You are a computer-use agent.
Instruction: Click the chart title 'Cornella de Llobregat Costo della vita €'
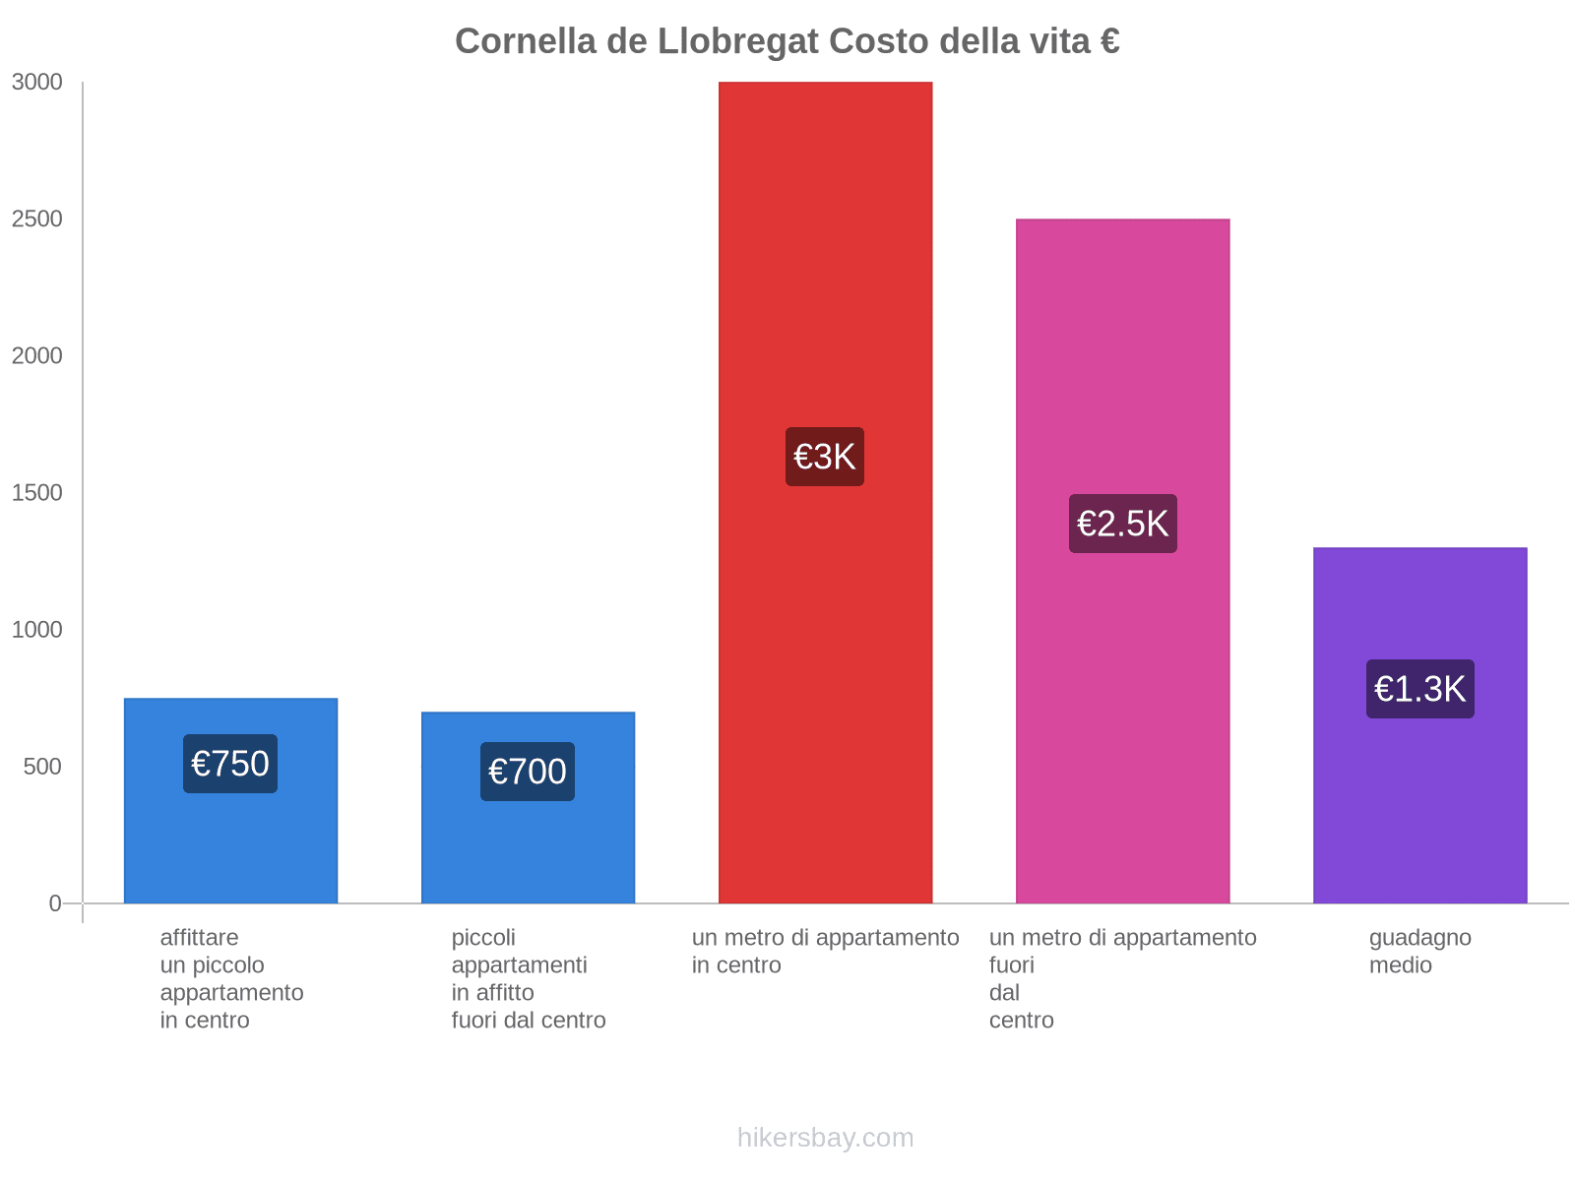click(787, 41)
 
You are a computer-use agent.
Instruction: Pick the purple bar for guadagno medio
click(1419, 807)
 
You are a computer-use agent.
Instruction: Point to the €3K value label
click(825, 457)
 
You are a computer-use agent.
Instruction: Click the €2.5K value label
click(1122, 524)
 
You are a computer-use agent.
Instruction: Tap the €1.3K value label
click(1419, 689)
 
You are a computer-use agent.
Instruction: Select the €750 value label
click(230, 764)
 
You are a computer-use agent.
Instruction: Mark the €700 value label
click(528, 772)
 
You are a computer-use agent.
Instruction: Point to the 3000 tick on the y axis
click(36, 83)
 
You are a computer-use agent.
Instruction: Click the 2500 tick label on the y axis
click(36, 219)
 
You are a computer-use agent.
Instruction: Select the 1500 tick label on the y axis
click(36, 493)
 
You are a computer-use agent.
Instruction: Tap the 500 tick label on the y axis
click(42, 767)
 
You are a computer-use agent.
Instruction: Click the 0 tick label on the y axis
click(55, 903)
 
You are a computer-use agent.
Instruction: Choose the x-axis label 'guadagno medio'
click(1419, 951)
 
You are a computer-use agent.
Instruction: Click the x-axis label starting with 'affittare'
click(231, 978)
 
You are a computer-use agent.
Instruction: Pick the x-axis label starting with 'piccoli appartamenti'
click(529, 978)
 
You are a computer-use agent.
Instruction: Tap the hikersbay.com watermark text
click(825, 1138)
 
